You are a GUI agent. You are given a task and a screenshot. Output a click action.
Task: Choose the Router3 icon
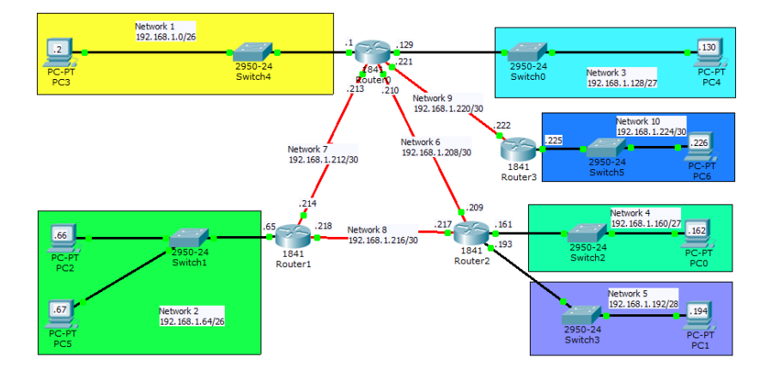coord(520,150)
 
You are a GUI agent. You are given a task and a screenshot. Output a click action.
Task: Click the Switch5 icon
coord(606,146)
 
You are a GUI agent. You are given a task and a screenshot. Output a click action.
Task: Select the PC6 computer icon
coord(701,146)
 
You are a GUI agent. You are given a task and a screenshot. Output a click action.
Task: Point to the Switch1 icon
coord(190,239)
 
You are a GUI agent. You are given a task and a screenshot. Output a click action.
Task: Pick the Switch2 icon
coord(587,233)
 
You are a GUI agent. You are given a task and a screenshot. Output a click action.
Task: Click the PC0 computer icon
coord(697,233)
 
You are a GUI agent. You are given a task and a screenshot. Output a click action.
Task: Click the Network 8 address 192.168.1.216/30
coord(382,241)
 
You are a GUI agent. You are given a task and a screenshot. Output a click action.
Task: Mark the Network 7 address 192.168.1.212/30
coord(323,160)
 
